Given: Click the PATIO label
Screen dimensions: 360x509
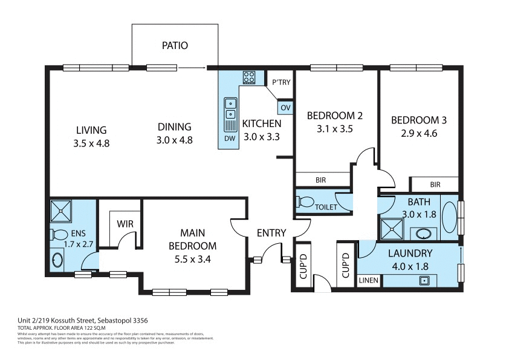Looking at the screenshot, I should tap(175, 45).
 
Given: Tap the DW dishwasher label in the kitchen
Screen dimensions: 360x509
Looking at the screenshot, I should tap(230, 138).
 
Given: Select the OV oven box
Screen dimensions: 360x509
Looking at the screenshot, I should tap(285, 108).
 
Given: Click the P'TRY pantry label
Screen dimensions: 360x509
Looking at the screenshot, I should tap(281, 82).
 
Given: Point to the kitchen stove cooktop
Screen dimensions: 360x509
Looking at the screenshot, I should tap(248, 77).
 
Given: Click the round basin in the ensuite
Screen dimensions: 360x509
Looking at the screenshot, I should tap(57, 260).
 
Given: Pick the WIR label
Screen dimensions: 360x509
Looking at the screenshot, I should tap(125, 223).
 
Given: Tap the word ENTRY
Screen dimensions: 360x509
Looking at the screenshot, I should tap(271, 233).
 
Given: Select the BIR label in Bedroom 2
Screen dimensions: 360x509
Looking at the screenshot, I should tap(321, 180).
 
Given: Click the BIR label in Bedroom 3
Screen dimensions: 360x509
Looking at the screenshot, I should tap(435, 185).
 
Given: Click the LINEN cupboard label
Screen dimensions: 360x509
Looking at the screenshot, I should tap(368, 281).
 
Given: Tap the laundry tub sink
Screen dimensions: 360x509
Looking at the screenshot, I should tap(425, 280).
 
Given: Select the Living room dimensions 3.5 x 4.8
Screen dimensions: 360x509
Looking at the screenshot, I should tap(91, 143).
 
